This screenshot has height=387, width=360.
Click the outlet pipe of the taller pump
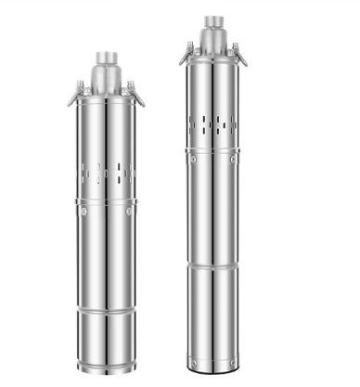(x=214, y=21)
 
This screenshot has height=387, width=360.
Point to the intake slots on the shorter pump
(x=103, y=171)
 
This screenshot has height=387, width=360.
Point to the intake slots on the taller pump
(x=214, y=124)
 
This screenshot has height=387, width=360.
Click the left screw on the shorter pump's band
(x=83, y=212)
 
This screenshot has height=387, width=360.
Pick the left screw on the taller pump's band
(x=193, y=160)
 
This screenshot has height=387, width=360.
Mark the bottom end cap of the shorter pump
(x=103, y=363)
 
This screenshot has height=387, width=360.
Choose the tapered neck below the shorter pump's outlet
(x=103, y=80)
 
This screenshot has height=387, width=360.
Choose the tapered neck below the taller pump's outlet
(x=214, y=41)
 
